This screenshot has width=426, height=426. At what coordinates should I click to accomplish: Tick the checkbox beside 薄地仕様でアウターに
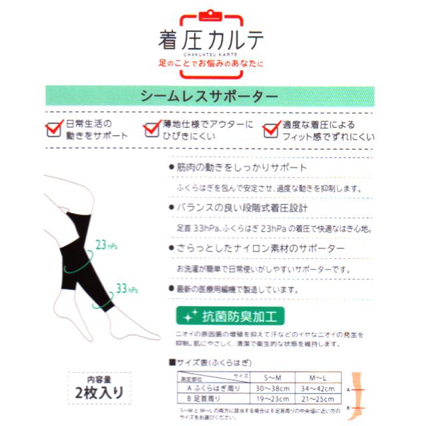point(150,130)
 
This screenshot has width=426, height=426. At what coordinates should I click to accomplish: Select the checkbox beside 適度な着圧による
point(272,130)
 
